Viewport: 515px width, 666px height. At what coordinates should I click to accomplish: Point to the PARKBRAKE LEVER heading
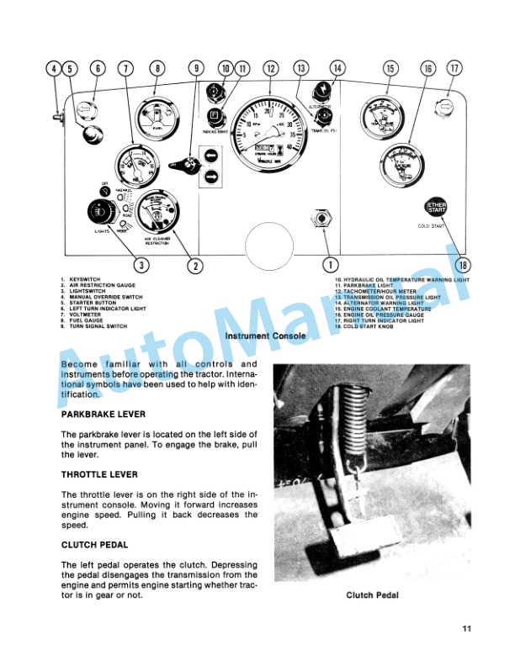click(104, 415)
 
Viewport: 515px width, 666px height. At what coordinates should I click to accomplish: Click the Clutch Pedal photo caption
click(370, 595)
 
